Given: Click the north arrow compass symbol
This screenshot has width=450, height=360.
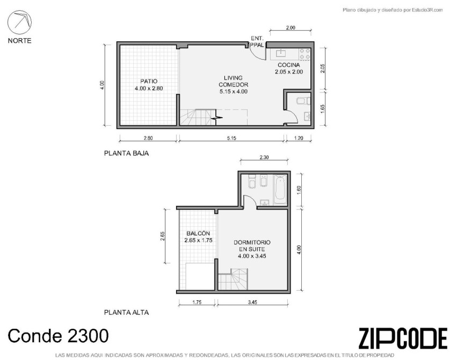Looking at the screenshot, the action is [x=19, y=22].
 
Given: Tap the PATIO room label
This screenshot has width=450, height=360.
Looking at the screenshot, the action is [x=149, y=81].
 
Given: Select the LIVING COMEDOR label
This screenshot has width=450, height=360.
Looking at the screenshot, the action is [x=233, y=81].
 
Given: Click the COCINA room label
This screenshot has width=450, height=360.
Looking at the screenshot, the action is [x=289, y=65].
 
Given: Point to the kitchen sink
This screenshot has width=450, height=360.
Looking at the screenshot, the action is [x=280, y=53].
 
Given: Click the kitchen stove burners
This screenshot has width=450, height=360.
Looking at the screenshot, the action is [x=305, y=54].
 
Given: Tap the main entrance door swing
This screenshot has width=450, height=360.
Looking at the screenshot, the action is [x=257, y=52].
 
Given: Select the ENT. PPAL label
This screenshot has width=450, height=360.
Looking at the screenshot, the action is [x=257, y=41].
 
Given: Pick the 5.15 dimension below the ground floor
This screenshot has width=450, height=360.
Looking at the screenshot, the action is [x=231, y=138].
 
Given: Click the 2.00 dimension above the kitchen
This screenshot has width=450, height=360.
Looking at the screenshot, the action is [x=291, y=28].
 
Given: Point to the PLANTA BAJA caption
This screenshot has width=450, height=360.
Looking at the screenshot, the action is [x=126, y=153].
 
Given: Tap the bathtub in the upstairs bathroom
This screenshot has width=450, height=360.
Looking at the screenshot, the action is [x=280, y=190].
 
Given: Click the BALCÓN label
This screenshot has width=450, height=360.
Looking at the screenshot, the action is [x=198, y=233].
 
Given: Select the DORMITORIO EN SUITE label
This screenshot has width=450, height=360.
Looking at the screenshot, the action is [x=252, y=246].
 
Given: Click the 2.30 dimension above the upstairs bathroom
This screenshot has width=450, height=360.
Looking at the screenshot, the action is [x=264, y=157].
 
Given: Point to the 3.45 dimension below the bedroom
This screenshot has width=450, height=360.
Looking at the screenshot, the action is [x=252, y=303].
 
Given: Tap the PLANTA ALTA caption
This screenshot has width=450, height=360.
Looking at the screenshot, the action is [x=126, y=312].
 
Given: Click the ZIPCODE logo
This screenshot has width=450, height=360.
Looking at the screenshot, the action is [x=403, y=339].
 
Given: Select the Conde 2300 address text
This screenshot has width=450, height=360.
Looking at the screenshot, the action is [x=58, y=336].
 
